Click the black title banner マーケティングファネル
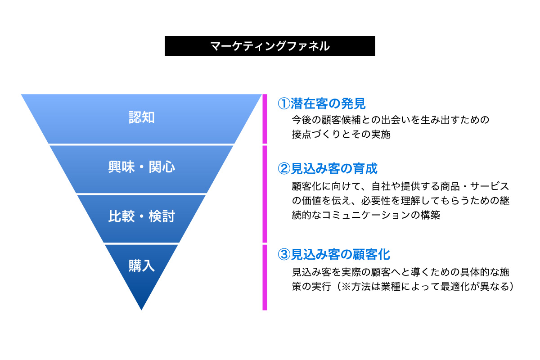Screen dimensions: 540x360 [x=270, y=46]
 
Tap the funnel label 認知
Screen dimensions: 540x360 [x=141, y=117]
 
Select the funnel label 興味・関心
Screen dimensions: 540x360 [x=141, y=167]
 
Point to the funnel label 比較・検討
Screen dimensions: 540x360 [x=141, y=216]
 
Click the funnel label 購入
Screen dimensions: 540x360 [x=141, y=265]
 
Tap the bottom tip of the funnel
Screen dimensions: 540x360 [x=141, y=310]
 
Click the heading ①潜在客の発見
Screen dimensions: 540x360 [x=322, y=103]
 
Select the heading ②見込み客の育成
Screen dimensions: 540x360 [x=328, y=169]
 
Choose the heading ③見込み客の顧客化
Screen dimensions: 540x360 [x=334, y=254]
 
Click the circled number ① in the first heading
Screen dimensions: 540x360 [x=284, y=103]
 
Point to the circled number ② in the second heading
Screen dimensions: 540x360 [x=284, y=169]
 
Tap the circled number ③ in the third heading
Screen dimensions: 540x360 [x=284, y=254]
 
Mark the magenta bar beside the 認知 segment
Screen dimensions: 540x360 [x=265, y=119]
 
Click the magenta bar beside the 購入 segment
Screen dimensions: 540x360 [x=265, y=277]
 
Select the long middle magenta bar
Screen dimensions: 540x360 [x=265, y=194]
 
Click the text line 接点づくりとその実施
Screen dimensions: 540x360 [x=341, y=134]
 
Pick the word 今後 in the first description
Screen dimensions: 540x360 [x=301, y=120]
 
